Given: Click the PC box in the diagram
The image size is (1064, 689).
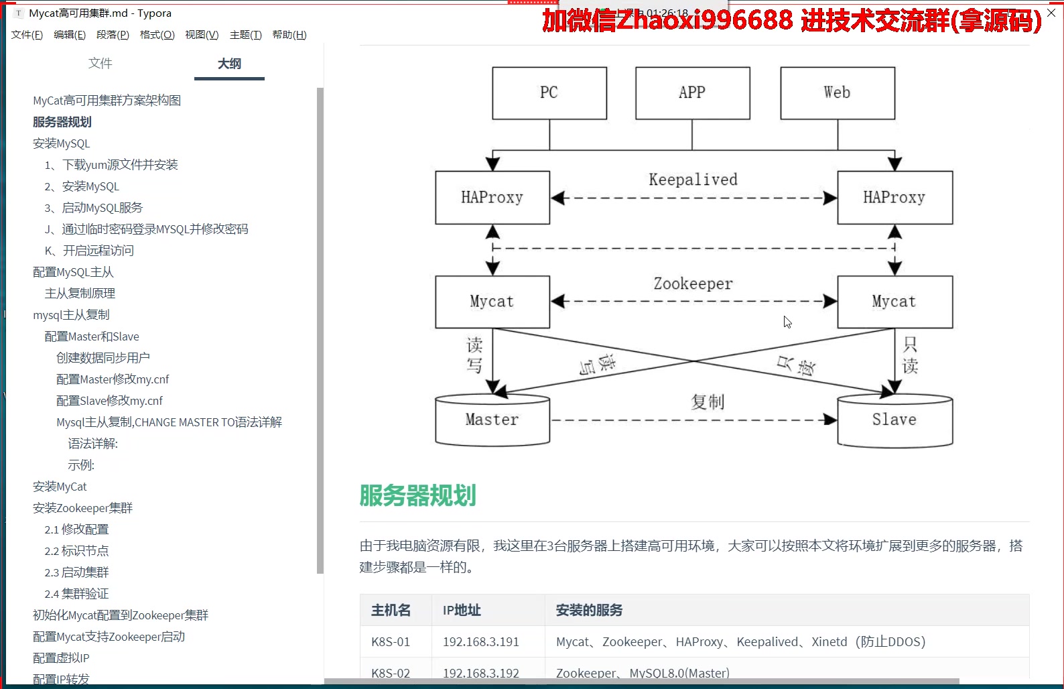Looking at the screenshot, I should tap(549, 93).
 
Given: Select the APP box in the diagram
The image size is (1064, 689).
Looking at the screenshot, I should tap(692, 93).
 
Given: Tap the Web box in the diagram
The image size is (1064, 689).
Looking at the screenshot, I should tap(837, 93).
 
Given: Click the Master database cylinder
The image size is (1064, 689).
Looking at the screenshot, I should tap(492, 420).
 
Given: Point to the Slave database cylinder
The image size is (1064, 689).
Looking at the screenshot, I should tap(894, 420).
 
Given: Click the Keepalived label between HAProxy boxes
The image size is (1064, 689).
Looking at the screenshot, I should tap(693, 180).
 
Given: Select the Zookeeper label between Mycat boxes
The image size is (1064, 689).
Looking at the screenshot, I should tap(693, 284).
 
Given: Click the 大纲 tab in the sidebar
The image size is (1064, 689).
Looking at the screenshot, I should tap(229, 64).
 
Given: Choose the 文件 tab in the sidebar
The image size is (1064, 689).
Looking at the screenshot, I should tap(101, 64).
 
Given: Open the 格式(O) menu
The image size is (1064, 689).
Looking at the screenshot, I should tap(157, 35).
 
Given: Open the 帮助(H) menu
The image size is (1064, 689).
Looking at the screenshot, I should tap(289, 35).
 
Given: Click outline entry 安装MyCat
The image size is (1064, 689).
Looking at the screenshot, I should tap(60, 487).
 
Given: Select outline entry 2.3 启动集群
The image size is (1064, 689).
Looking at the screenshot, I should tap(76, 572).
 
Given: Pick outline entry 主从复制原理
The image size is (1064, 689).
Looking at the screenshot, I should tap(80, 294).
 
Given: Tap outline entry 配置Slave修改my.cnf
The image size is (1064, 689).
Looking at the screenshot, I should tap(109, 401).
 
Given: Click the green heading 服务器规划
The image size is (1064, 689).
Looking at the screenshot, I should tap(417, 496).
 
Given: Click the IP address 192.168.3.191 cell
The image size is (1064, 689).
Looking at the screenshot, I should tap(480, 642).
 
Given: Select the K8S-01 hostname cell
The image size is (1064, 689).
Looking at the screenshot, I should tap(391, 642).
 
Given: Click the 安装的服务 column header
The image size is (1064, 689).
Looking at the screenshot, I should tap(589, 611).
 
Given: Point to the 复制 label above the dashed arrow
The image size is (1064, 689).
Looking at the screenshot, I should tap(708, 402).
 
